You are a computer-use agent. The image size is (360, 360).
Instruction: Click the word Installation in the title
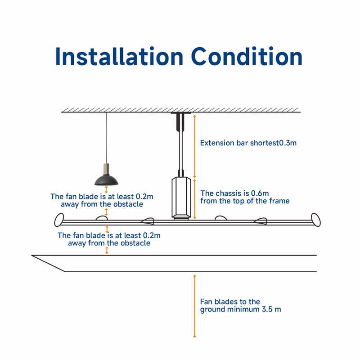point(119,57)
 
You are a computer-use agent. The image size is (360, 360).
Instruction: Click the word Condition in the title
point(247,57)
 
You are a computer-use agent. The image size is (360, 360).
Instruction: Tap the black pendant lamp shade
point(106,180)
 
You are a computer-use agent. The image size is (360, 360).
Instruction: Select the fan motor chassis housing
point(181,198)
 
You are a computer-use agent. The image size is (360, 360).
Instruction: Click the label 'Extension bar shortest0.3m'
point(248,143)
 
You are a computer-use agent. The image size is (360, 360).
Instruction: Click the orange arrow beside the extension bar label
point(195,146)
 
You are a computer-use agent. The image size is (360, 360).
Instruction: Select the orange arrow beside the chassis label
point(195,199)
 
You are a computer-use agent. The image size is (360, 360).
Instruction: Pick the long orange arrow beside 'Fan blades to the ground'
point(195,306)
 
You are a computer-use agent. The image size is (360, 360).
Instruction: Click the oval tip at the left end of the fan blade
point(59,220)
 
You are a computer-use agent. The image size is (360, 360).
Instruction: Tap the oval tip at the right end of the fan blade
point(316,220)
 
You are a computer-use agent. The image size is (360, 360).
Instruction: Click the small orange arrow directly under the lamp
point(106,189)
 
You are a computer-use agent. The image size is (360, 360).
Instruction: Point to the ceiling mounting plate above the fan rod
point(181,113)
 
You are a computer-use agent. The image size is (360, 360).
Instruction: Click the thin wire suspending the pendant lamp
point(106,138)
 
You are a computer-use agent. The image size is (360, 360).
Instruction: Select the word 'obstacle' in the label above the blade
point(128,204)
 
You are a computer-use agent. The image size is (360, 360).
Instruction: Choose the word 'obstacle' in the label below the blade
point(135,243)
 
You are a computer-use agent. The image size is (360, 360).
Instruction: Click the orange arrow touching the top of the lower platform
point(107,251)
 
